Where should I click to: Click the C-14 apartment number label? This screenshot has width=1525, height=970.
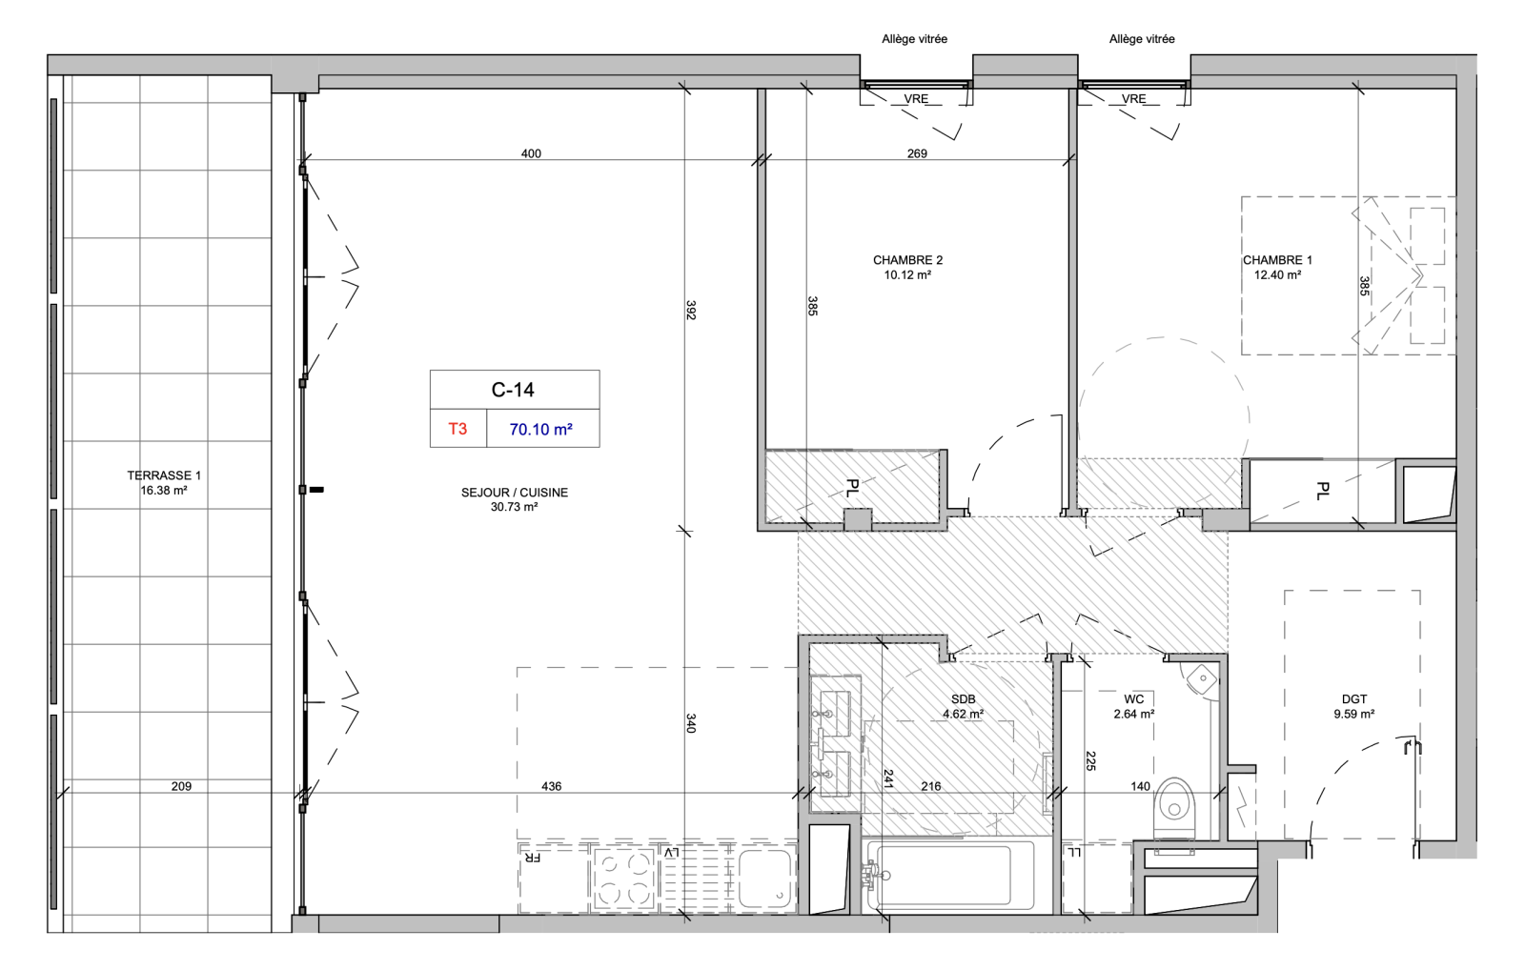[514, 390]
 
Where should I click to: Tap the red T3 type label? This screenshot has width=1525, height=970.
[457, 429]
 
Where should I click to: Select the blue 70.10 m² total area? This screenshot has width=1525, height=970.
[541, 430]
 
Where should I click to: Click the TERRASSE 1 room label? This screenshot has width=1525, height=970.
[164, 475]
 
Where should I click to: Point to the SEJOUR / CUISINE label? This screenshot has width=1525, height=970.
[515, 493]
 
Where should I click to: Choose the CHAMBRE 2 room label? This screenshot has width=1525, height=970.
[907, 260]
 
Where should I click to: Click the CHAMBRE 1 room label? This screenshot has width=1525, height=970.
[1278, 260]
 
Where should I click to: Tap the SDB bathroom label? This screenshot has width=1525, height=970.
[964, 699]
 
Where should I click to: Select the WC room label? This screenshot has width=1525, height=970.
[1134, 699]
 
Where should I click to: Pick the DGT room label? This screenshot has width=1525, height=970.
[1354, 699]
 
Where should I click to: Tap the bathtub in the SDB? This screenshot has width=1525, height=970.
[950, 875]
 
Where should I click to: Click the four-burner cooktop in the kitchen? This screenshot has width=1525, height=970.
[623, 878]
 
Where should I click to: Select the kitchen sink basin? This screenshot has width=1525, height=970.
[766, 878]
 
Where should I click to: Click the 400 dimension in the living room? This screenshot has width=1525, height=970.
[531, 153]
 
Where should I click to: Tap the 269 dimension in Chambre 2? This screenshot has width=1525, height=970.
[917, 153]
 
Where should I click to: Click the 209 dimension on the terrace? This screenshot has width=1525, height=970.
[181, 786]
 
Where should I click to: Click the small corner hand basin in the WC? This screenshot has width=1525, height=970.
[1202, 678]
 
